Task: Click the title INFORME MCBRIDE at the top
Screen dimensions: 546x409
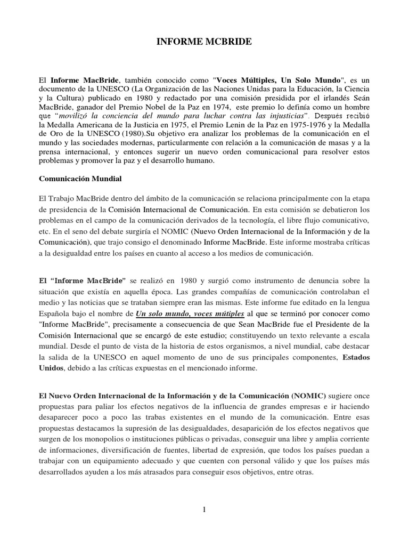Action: point(204,41)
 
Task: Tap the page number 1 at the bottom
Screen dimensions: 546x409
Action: point(204,509)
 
